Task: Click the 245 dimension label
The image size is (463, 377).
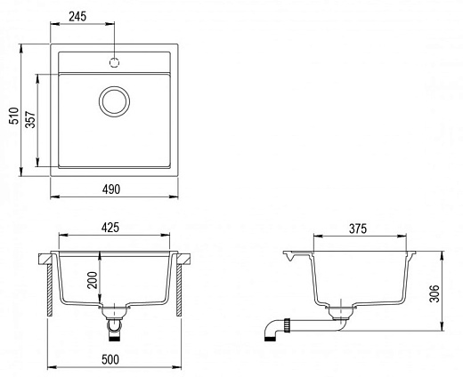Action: tap(77, 17)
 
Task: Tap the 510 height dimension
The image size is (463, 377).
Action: tap(14, 116)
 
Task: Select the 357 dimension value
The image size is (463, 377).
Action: tap(30, 119)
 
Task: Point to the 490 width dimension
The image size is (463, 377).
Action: tap(111, 189)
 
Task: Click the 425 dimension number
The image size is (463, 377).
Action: tap(110, 228)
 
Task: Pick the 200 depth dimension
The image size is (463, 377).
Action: tap(93, 280)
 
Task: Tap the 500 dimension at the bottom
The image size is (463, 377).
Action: tap(110, 359)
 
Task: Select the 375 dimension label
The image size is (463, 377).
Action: tap(358, 229)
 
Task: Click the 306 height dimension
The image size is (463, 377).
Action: tap(435, 293)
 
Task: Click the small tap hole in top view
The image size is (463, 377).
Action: tap(114, 62)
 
